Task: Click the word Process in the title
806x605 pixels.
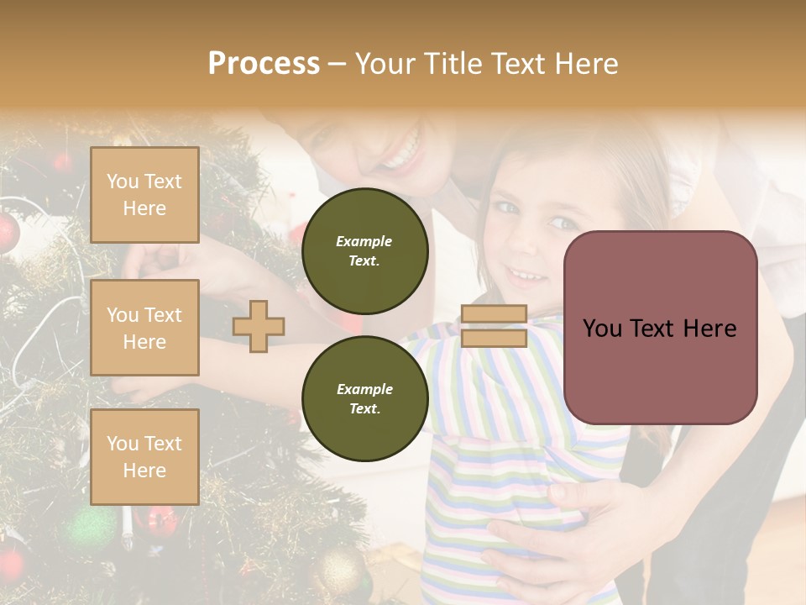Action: pos(264,64)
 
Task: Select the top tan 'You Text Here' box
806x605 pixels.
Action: pos(144,195)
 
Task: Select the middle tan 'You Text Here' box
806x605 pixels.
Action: pos(144,328)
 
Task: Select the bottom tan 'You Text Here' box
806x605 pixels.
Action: pos(144,456)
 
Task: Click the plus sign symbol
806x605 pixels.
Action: pos(259,326)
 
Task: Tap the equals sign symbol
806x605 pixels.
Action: pos(494,326)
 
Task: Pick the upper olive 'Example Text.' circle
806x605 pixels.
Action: pos(364,250)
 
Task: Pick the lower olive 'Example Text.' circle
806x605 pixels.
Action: pos(364,398)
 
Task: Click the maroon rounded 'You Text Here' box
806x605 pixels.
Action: pos(660,328)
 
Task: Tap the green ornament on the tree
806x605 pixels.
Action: pos(88,529)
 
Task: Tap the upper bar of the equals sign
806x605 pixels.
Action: pos(494,314)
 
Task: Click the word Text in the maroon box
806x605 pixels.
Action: pos(659,328)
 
